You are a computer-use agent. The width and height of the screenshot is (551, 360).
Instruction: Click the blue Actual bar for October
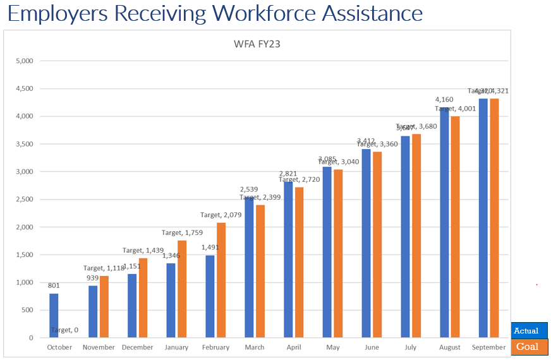[54, 315]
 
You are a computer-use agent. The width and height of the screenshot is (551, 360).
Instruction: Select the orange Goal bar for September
[495, 218]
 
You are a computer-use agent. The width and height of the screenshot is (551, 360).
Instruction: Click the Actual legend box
[529, 330]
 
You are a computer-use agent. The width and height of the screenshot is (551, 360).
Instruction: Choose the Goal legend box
[529, 347]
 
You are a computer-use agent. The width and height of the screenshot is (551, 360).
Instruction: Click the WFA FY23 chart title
[258, 44]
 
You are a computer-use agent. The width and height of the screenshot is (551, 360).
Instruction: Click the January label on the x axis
[176, 347]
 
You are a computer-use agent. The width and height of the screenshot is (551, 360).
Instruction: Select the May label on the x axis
[332, 347]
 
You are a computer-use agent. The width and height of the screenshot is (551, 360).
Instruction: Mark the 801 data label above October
[54, 285]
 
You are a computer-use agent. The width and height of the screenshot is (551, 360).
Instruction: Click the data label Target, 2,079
[221, 215]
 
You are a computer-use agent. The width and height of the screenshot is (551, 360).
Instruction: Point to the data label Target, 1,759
[183, 233]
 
